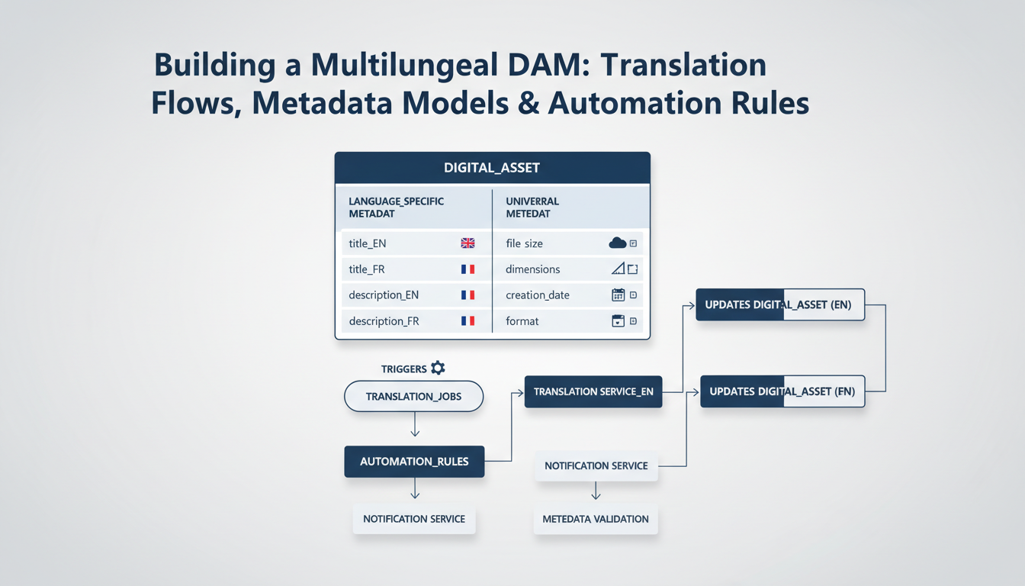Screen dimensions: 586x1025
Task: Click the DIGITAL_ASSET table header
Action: pyautogui.click(x=492, y=167)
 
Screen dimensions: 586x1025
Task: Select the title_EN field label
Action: pyautogui.click(x=368, y=243)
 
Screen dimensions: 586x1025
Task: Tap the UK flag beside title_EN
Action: pyautogui.click(x=468, y=243)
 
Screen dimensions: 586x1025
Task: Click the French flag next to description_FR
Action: pyautogui.click(x=468, y=321)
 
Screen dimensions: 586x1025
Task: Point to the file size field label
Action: pyautogui.click(x=524, y=243)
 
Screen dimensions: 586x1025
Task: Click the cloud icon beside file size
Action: pyautogui.click(x=617, y=243)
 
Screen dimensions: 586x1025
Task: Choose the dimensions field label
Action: pyautogui.click(x=532, y=269)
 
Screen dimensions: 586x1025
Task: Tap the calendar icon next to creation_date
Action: pyautogui.click(x=619, y=295)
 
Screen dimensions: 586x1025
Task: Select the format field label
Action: pyautogui.click(x=522, y=321)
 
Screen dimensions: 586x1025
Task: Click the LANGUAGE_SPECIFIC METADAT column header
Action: pyautogui.click(x=397, y=208)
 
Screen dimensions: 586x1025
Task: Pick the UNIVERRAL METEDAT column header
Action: pyautogui.click(x=532, y=208)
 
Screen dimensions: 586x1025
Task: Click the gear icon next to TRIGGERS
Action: pyautogui.click(x=438, y=368)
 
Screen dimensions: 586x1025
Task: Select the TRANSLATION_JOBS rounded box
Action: pyautogui.click(x=413, y=397)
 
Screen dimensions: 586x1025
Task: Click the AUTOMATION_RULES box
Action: pyautogui.click(x=414, y=462)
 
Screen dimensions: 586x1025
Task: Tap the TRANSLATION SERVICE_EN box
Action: pyautogui.click(x=593, y=391)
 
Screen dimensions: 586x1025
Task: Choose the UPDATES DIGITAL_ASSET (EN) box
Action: pyautogui.click(x=779, y=304)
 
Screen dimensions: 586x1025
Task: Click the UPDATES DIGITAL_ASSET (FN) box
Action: pyautogui.click(x=782, y=391)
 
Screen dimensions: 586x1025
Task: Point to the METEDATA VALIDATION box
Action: pyautogui.click(x=596, y=519)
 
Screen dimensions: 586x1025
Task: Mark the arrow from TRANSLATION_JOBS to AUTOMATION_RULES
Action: pyautogui.click(x=414, y=426)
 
